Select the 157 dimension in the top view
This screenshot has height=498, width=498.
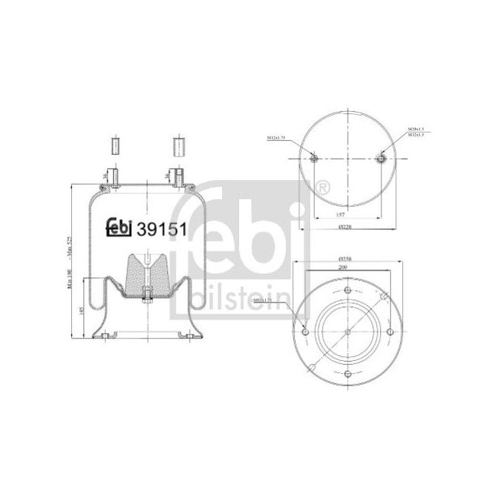pos(349,215)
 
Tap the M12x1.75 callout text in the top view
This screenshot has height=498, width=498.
pos(277,138)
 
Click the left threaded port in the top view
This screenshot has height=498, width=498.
pos(313,159)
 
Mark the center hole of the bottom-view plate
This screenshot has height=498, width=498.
pos(347,331)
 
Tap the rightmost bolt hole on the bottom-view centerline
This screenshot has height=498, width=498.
pos(390,331)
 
